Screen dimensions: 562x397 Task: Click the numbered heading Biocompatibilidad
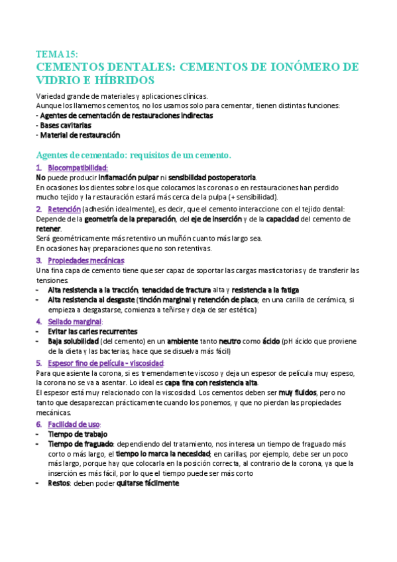[78, 168]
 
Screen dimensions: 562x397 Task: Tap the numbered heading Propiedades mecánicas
[85, 260]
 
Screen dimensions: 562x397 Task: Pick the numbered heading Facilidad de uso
[75, 423]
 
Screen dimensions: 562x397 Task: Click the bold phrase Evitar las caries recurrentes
[92, 331]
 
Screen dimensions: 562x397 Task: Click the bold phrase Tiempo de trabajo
[78, 433]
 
